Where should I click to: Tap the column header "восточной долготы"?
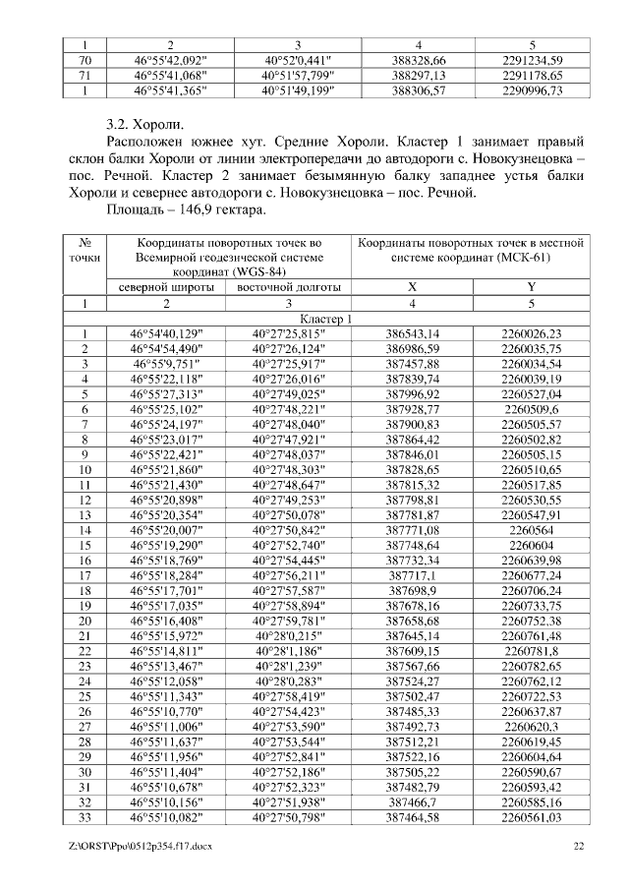click(287, 287)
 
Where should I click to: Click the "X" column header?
click(414, 287)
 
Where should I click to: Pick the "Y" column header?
click(531, 287)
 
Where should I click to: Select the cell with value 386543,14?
click(414, 335)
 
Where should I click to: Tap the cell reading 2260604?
click(531, 545)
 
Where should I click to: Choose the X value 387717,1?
click(414, 575)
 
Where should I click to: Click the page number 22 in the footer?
click(579, 846)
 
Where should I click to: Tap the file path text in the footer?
click(135, 846)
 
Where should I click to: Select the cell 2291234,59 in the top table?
click(531, 60)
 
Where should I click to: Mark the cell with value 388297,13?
click(414, 75)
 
